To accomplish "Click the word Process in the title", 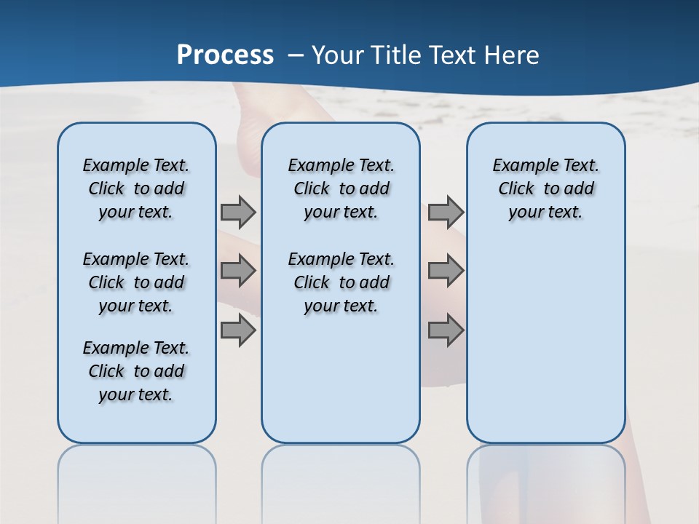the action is coord(225,55).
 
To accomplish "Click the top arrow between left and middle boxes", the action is coord(238,212).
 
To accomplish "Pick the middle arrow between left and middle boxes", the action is coord(238,271).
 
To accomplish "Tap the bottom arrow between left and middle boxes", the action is coord(238,330).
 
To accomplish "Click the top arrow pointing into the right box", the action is coord(446,212).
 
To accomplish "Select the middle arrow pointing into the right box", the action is coord(446,271).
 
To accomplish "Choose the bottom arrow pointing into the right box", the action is coord(446,330).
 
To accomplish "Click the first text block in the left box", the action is coord(136,188).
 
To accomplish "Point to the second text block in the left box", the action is coord(136,282).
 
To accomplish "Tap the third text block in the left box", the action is coord(136,371).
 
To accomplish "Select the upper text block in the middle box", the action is coord(341,188).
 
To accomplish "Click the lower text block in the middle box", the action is coord(341,282).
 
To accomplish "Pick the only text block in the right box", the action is coord(545,188).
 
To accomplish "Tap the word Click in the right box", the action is coord(516,189).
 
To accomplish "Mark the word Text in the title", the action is coord(446,55).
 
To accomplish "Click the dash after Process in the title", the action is coord(296,55).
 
